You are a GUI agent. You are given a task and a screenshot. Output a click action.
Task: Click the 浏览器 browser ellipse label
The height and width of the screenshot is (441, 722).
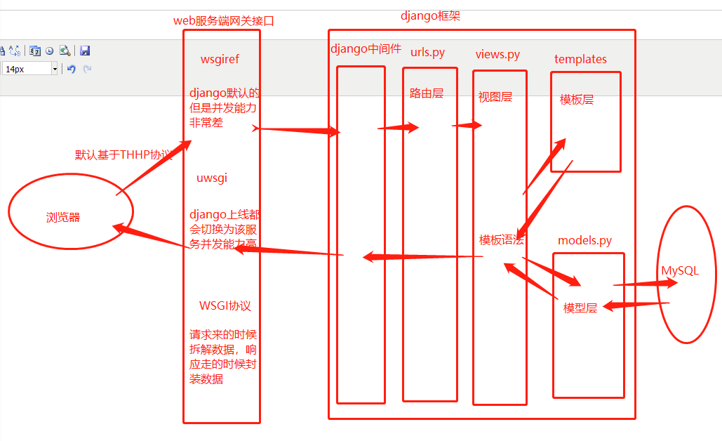63,218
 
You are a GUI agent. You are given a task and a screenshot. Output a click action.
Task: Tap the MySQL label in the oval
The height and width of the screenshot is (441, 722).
680,271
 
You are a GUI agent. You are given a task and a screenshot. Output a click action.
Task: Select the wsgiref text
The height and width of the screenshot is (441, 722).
220,60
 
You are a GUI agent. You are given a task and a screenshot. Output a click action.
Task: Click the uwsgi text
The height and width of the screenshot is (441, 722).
212,178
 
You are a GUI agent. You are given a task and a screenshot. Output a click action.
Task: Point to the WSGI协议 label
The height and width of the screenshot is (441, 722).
225,306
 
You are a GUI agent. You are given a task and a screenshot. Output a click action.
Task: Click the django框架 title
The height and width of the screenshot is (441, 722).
430,16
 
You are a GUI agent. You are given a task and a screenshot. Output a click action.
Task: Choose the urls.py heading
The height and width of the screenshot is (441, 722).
427,53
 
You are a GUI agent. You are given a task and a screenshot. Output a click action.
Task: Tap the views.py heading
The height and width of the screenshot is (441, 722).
497,54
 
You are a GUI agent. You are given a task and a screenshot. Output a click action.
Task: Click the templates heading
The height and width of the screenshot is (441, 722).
580,59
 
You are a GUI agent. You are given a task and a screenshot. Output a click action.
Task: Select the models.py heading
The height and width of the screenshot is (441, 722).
584,241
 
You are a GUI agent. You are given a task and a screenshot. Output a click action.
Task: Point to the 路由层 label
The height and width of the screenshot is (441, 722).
427,93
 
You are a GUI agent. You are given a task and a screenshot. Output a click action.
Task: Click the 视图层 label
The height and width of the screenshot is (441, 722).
495,97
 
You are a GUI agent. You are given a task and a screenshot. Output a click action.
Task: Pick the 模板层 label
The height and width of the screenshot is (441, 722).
577,100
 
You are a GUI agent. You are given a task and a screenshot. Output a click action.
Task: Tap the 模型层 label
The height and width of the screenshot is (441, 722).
580,308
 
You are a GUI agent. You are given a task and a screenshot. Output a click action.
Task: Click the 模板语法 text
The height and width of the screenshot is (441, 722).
501,239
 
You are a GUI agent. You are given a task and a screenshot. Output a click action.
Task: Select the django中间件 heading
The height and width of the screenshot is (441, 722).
366,49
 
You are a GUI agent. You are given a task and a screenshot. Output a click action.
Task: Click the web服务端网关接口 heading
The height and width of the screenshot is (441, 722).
224,21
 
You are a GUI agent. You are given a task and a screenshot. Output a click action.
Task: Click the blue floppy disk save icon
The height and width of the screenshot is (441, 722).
85,51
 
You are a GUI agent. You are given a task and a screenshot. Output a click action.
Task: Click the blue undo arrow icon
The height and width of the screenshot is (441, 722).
71,69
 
